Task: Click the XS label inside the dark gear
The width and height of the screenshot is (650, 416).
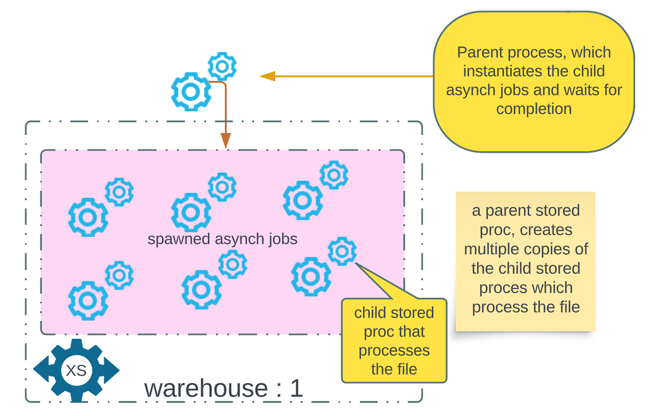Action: (76, 371)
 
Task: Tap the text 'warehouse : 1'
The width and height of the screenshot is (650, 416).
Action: (224, 389)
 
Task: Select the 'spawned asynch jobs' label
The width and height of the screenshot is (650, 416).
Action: (223, 239)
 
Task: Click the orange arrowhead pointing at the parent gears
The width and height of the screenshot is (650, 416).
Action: (267, 76)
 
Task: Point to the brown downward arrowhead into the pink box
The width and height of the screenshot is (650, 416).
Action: (225, 141)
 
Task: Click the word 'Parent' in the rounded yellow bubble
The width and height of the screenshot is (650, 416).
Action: (481, 53)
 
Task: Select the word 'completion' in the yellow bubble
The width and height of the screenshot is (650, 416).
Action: (534, 109)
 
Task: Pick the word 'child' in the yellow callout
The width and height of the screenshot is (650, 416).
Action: (371, 313)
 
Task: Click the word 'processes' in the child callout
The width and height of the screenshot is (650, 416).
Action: (394, 350)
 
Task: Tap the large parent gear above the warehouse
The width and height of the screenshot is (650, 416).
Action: (191, 91)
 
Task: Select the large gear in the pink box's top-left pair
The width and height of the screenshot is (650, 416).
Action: (88, 218)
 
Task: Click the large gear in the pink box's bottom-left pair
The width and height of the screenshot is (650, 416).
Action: (88, 301)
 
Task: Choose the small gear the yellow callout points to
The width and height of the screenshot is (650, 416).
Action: (342, 251)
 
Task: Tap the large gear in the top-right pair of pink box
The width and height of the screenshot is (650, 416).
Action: (303, 200)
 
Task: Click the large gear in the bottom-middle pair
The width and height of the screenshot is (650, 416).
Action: (201, 289)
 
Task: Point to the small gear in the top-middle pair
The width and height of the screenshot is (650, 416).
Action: (222, 187)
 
